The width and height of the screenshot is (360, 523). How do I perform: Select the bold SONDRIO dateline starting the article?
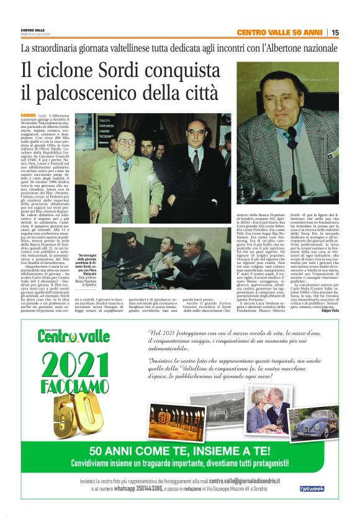[29, 116]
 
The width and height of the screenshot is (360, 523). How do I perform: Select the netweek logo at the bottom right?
[312, 489]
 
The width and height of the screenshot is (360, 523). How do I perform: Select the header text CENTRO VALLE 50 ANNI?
[279, 33]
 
